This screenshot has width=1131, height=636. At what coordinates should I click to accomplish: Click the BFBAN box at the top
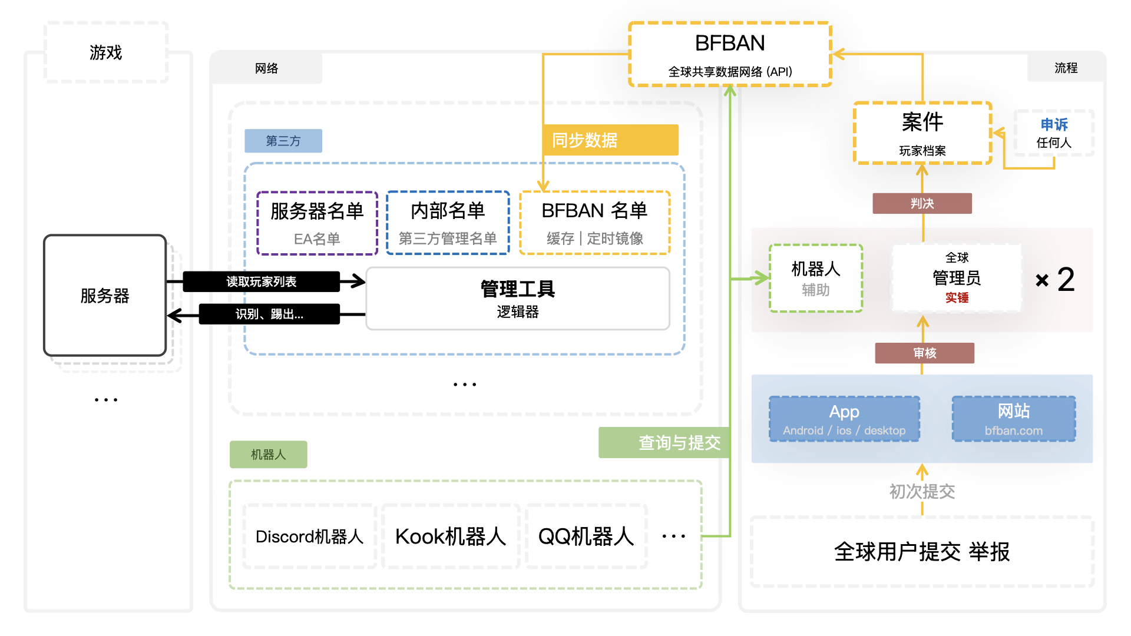[x=730, y=54]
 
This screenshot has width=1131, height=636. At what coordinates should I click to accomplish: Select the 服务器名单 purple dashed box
[x=317, y=223]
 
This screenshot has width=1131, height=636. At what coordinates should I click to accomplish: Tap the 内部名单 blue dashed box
[x=448, y=223]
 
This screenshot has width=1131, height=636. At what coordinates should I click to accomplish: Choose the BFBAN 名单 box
[x=595, y=223]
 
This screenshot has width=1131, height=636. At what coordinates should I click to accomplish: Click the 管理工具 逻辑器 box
[x=518, y=299]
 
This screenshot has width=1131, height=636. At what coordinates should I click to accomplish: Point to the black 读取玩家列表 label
[x=262, y=281]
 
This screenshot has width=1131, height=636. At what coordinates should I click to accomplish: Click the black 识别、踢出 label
[x=269, y=314]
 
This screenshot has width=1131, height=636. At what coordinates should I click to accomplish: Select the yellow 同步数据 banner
[x=611, y=140]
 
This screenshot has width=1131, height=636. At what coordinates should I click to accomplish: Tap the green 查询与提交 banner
[x=664, y=442]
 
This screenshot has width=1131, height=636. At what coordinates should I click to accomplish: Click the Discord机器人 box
[x=310, y=536]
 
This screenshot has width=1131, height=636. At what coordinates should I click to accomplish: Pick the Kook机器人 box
[x=451, y=536]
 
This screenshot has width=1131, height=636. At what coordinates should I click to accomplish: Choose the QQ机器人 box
[x=586, y=536]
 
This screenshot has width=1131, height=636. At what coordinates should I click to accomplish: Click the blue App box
[x=844, y=419]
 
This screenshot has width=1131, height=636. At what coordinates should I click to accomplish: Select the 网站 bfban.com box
[x=1014, y=419]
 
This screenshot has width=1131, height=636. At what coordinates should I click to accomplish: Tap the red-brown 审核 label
[x=925, y=353]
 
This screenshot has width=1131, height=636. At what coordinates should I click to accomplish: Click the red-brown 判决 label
[x=922, y=203]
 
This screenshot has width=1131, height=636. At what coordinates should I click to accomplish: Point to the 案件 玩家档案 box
[x=922, y=133]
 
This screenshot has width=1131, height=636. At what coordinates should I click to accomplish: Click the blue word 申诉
[x=1054, y=125]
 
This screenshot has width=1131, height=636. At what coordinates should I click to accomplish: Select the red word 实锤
[x=957, y=298]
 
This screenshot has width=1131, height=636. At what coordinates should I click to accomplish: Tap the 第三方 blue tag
[x=283, y=141]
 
